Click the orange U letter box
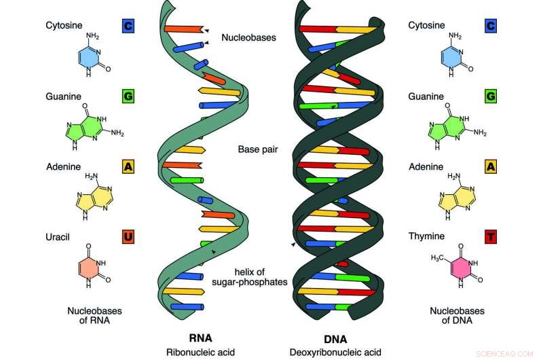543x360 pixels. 128,237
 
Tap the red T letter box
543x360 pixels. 491,237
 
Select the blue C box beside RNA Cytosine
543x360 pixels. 128,26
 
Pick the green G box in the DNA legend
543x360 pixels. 491,96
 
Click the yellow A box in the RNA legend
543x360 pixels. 128,166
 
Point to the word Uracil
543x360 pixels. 58,237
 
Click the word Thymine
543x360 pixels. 426,236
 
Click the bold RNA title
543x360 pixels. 200,338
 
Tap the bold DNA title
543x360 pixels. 335,339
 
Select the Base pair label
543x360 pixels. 258,149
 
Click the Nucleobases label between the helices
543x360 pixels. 248,37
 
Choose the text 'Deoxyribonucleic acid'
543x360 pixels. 335,353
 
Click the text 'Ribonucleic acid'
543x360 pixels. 200,353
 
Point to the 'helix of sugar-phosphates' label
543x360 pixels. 250,277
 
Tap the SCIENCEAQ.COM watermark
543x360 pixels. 504,354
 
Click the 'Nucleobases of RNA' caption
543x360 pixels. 94,316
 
